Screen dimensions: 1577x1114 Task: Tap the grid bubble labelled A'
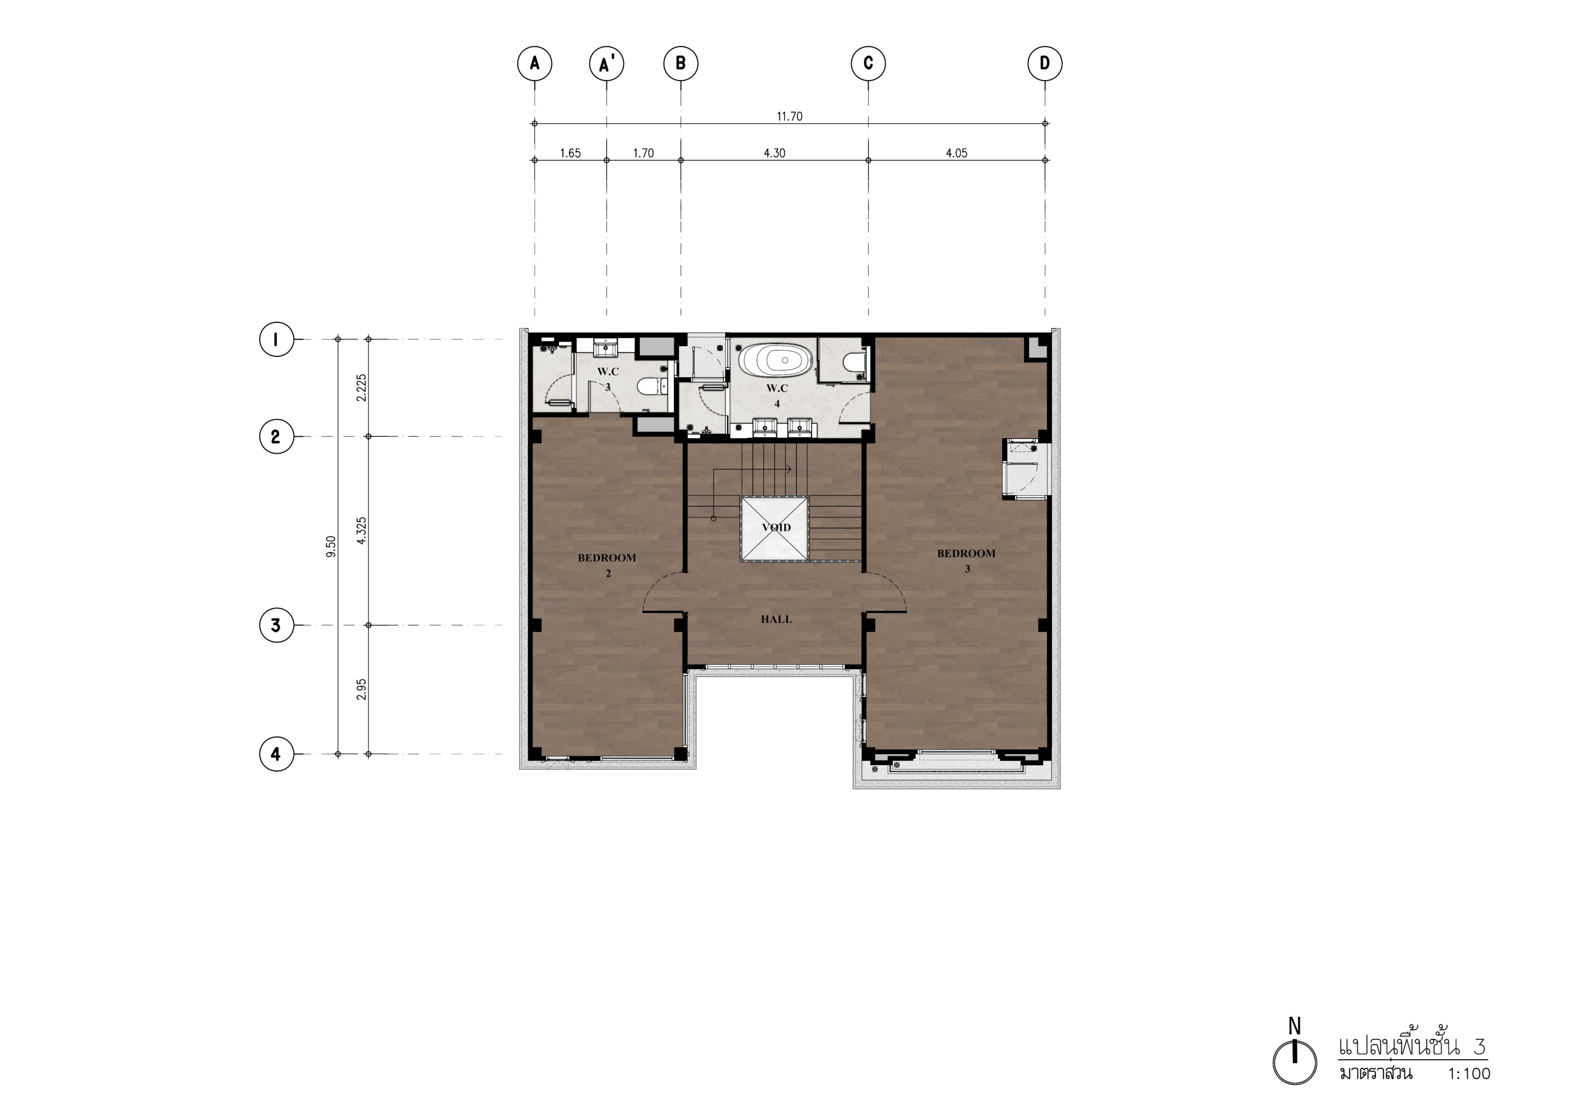pos(606,64)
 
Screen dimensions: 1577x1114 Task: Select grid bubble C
pos(868,64)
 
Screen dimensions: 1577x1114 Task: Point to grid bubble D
pos(1045,64)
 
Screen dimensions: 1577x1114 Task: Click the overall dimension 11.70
pos(789,116)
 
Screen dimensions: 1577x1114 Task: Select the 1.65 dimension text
pos(570,153)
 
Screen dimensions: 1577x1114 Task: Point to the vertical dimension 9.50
pos(331,546)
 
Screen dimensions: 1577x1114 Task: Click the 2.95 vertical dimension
pos(362,689)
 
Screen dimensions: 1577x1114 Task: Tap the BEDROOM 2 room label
pos(607,565)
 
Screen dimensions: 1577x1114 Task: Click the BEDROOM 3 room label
pos(967,560)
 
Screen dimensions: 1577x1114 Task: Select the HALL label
pos(776,619)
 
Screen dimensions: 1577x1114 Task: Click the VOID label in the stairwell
pos(776,528)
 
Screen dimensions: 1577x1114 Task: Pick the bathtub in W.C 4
pos(776,359)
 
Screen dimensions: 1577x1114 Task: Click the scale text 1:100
pos(1469,1093)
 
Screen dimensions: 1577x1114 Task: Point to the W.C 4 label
pos(777,396)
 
